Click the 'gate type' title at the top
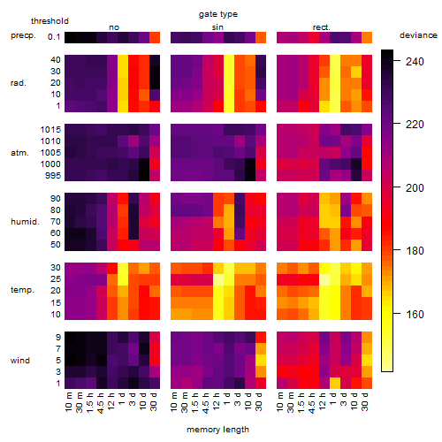[x=218, y=14]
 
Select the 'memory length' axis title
[x=217, y=430]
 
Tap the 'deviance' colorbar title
[x=418, y=35]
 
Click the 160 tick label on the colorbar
[x=415, y=314]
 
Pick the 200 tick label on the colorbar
[x=415, y=187]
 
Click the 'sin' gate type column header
[x=217, y=27]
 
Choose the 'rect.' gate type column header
[x=321, y=27]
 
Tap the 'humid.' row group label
[x=25, y=222]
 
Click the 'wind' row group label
[x=20, y=361]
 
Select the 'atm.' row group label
[x=19, y=153]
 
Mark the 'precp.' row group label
[x=23, y=36]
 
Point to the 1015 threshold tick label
[x=50, y=130]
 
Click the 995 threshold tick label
[x=53, y=176]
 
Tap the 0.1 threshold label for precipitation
[x=54, y=37]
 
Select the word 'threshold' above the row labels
[x=50, y=21]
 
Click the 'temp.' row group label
[x=22, y=290]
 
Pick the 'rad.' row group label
[x=19, y=83]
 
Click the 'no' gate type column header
[x=114, y=27]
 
